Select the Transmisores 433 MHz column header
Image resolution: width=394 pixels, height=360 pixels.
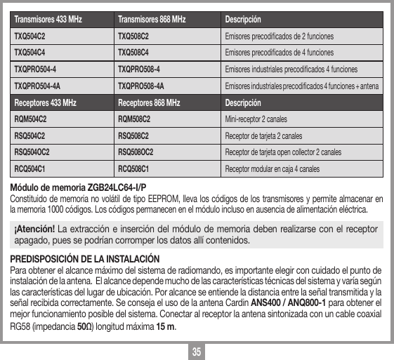(x=48, y=18)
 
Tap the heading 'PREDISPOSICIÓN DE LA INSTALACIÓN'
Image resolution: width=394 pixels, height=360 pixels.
(x=84, y=260)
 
